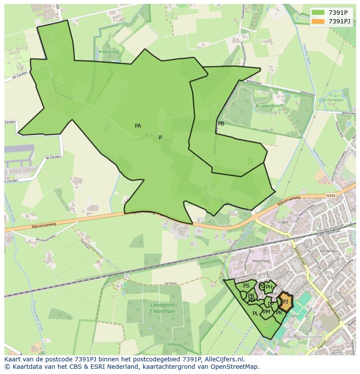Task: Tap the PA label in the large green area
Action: (138, 126)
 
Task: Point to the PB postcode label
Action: (221, 124)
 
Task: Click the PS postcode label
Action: (246, 286)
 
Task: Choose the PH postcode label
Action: (269, 287)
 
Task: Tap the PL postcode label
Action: (255, 314)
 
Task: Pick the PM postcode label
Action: (267, 312)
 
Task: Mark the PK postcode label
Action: (279, 313)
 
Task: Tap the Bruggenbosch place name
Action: (257, 106)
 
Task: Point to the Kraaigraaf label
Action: (108, 51)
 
